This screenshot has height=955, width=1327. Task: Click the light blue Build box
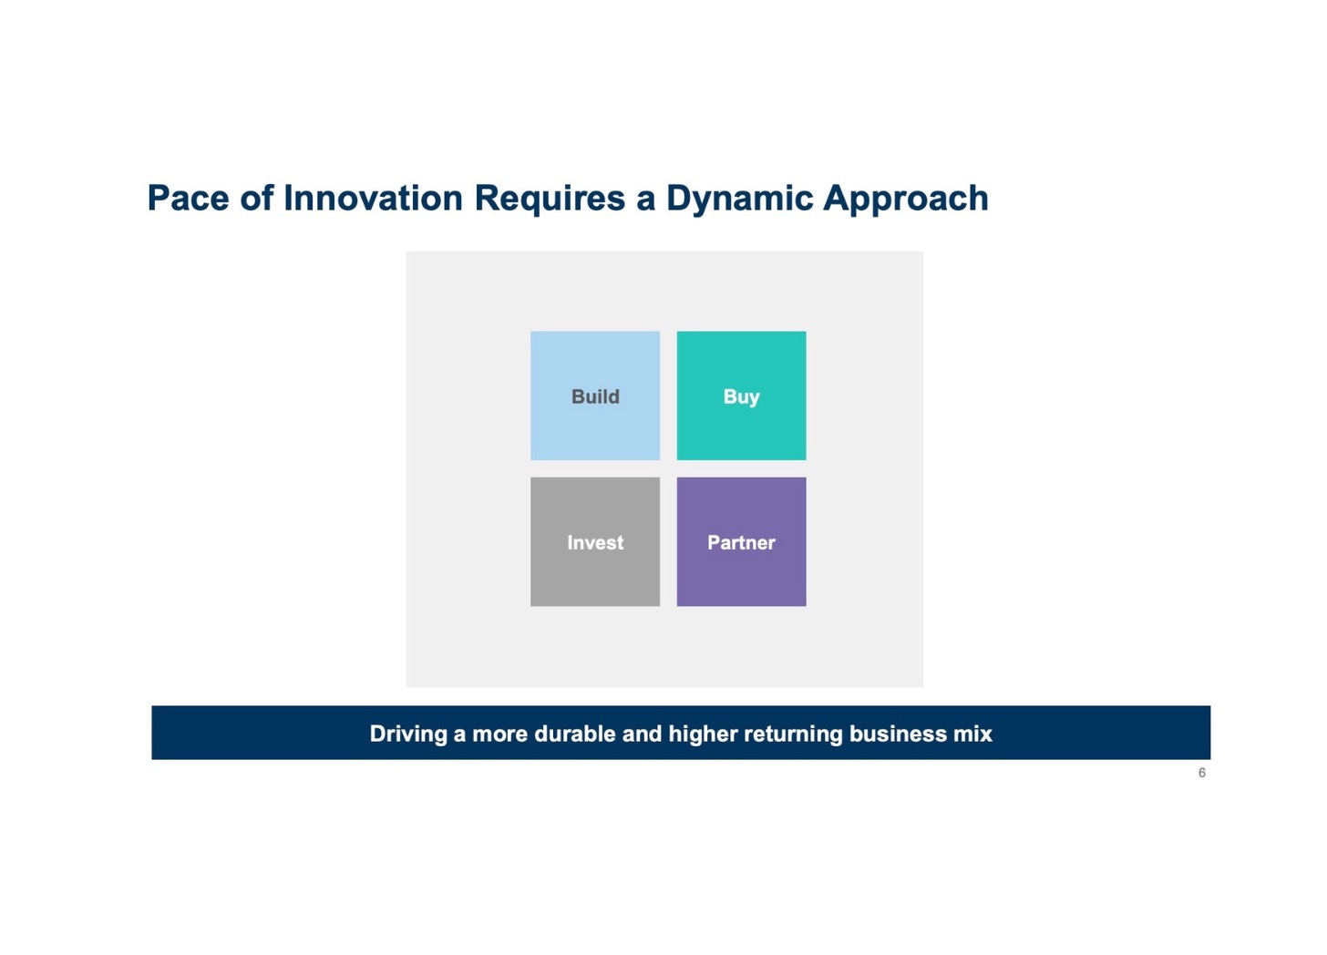pos(595,395)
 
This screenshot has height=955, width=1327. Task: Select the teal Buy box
pos(741,395)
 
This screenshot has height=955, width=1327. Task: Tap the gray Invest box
pos(595,541)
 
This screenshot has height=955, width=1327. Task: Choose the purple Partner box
pos(741,541)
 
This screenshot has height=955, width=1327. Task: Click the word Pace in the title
pos(189,197)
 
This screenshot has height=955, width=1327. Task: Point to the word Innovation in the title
pos(374,197)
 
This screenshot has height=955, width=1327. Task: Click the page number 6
pos(1202,773)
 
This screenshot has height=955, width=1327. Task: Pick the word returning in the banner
pos(793,734)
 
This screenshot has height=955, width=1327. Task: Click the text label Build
pos(595,396)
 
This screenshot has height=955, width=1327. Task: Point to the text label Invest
pos(595,542)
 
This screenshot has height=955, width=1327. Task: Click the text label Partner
pos(741,542)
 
